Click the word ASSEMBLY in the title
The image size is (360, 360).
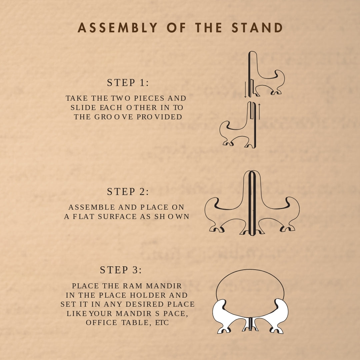pyautogui.click(x=118, y=28)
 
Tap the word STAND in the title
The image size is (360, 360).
pyautogui.click(x=257, y=28)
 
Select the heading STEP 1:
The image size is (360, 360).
pyautogui.click(x=128, y=83)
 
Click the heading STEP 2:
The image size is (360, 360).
pyautogui.click(x=128, y=192)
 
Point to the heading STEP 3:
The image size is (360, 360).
pyautogui.click(x=121, y=270)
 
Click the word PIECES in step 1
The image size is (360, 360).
pyautogui.click(x=149, y=98)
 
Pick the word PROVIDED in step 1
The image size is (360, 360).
pyautogui.click(x=159, y=117)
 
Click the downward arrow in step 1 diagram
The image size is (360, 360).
pyautogui.click(x=245, y=89)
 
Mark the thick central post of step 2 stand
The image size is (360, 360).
pyautogui.click(x=252, y=203)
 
